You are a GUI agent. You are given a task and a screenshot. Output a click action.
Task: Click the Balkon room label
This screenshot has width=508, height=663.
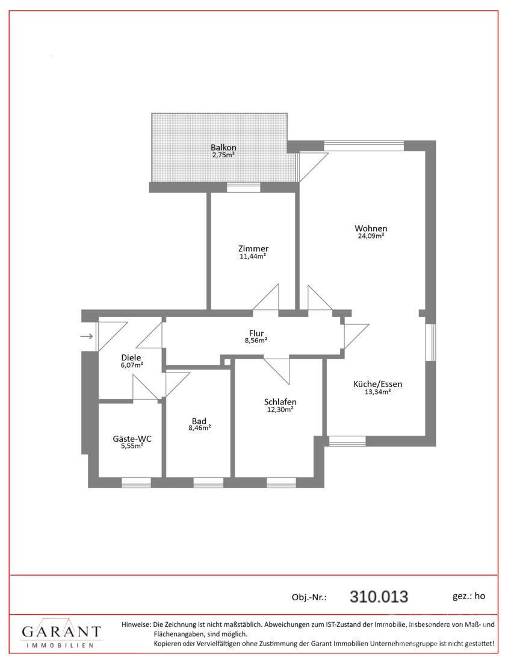point(223,148)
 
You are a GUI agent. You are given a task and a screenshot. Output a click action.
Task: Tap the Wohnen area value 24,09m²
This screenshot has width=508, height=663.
point(371,236)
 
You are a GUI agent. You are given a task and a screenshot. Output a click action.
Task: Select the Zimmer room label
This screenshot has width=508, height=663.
point(253,248)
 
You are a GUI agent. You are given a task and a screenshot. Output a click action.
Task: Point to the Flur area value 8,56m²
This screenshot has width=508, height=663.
point(256,341)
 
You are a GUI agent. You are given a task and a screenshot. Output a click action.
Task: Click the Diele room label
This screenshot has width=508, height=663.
point(131,357)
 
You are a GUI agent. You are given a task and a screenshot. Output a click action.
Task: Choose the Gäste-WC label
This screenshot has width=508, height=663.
point(132,438)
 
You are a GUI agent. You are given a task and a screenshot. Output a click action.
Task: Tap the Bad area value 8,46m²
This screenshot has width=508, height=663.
point(200,428)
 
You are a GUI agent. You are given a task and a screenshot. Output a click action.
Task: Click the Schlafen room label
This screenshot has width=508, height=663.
point(280,401)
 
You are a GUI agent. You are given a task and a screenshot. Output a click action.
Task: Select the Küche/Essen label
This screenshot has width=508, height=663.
point(377,384)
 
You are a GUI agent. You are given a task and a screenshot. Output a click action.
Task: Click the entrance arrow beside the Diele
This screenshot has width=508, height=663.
point(87,336)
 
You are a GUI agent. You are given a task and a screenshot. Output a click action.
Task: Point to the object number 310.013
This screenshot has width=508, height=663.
point(379,597)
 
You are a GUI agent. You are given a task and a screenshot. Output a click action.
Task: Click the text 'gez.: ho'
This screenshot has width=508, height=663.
point(469,596)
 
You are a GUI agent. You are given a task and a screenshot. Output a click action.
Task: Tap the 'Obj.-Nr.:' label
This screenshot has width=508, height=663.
point(309,597)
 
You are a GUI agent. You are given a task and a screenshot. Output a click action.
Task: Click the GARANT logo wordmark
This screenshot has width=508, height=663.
point(61,632)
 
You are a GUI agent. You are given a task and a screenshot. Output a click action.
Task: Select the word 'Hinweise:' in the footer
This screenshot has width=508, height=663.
point(136,624)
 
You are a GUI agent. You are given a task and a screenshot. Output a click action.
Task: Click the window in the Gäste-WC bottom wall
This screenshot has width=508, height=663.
point(136,482)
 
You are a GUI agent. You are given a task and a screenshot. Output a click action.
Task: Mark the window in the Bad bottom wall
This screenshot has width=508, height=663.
point(208,482)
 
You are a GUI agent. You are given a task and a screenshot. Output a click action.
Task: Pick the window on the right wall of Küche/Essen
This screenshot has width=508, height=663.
point(430,342)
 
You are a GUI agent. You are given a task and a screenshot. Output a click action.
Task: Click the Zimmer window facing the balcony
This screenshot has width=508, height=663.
point(243,187)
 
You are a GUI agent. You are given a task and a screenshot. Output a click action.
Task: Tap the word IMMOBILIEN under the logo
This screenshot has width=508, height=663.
point(60,646)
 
